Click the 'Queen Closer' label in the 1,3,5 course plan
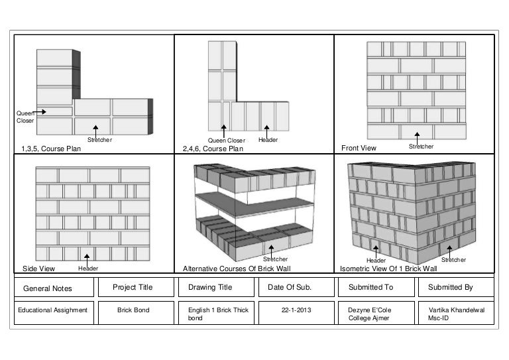[x=25, y=117]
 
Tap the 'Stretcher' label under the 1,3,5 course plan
[x=99, y=140]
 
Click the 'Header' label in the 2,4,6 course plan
[x=268, y=140]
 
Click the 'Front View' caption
[x=358, y=149]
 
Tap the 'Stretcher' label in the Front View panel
[x=421, y=146]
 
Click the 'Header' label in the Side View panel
[x=88, y=269]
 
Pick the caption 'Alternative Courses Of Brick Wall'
[x=237, y=269]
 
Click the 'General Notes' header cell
[x=48, y=288]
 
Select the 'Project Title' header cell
[x=133, y=287]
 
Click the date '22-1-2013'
[x=296, y=310]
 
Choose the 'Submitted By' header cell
[x=450, y=287]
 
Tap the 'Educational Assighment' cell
[x=52, y=310]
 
